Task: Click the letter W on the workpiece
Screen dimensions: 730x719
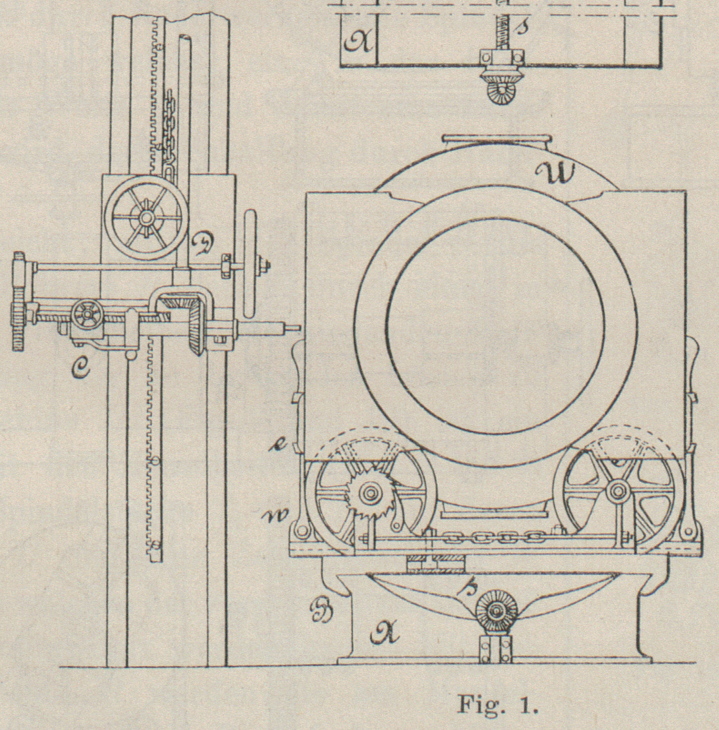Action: point(555,172)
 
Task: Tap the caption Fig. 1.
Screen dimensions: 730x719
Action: point(498,705)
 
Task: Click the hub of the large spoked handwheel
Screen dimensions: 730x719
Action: point(146,218)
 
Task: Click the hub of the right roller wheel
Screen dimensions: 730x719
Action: point(617,490)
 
